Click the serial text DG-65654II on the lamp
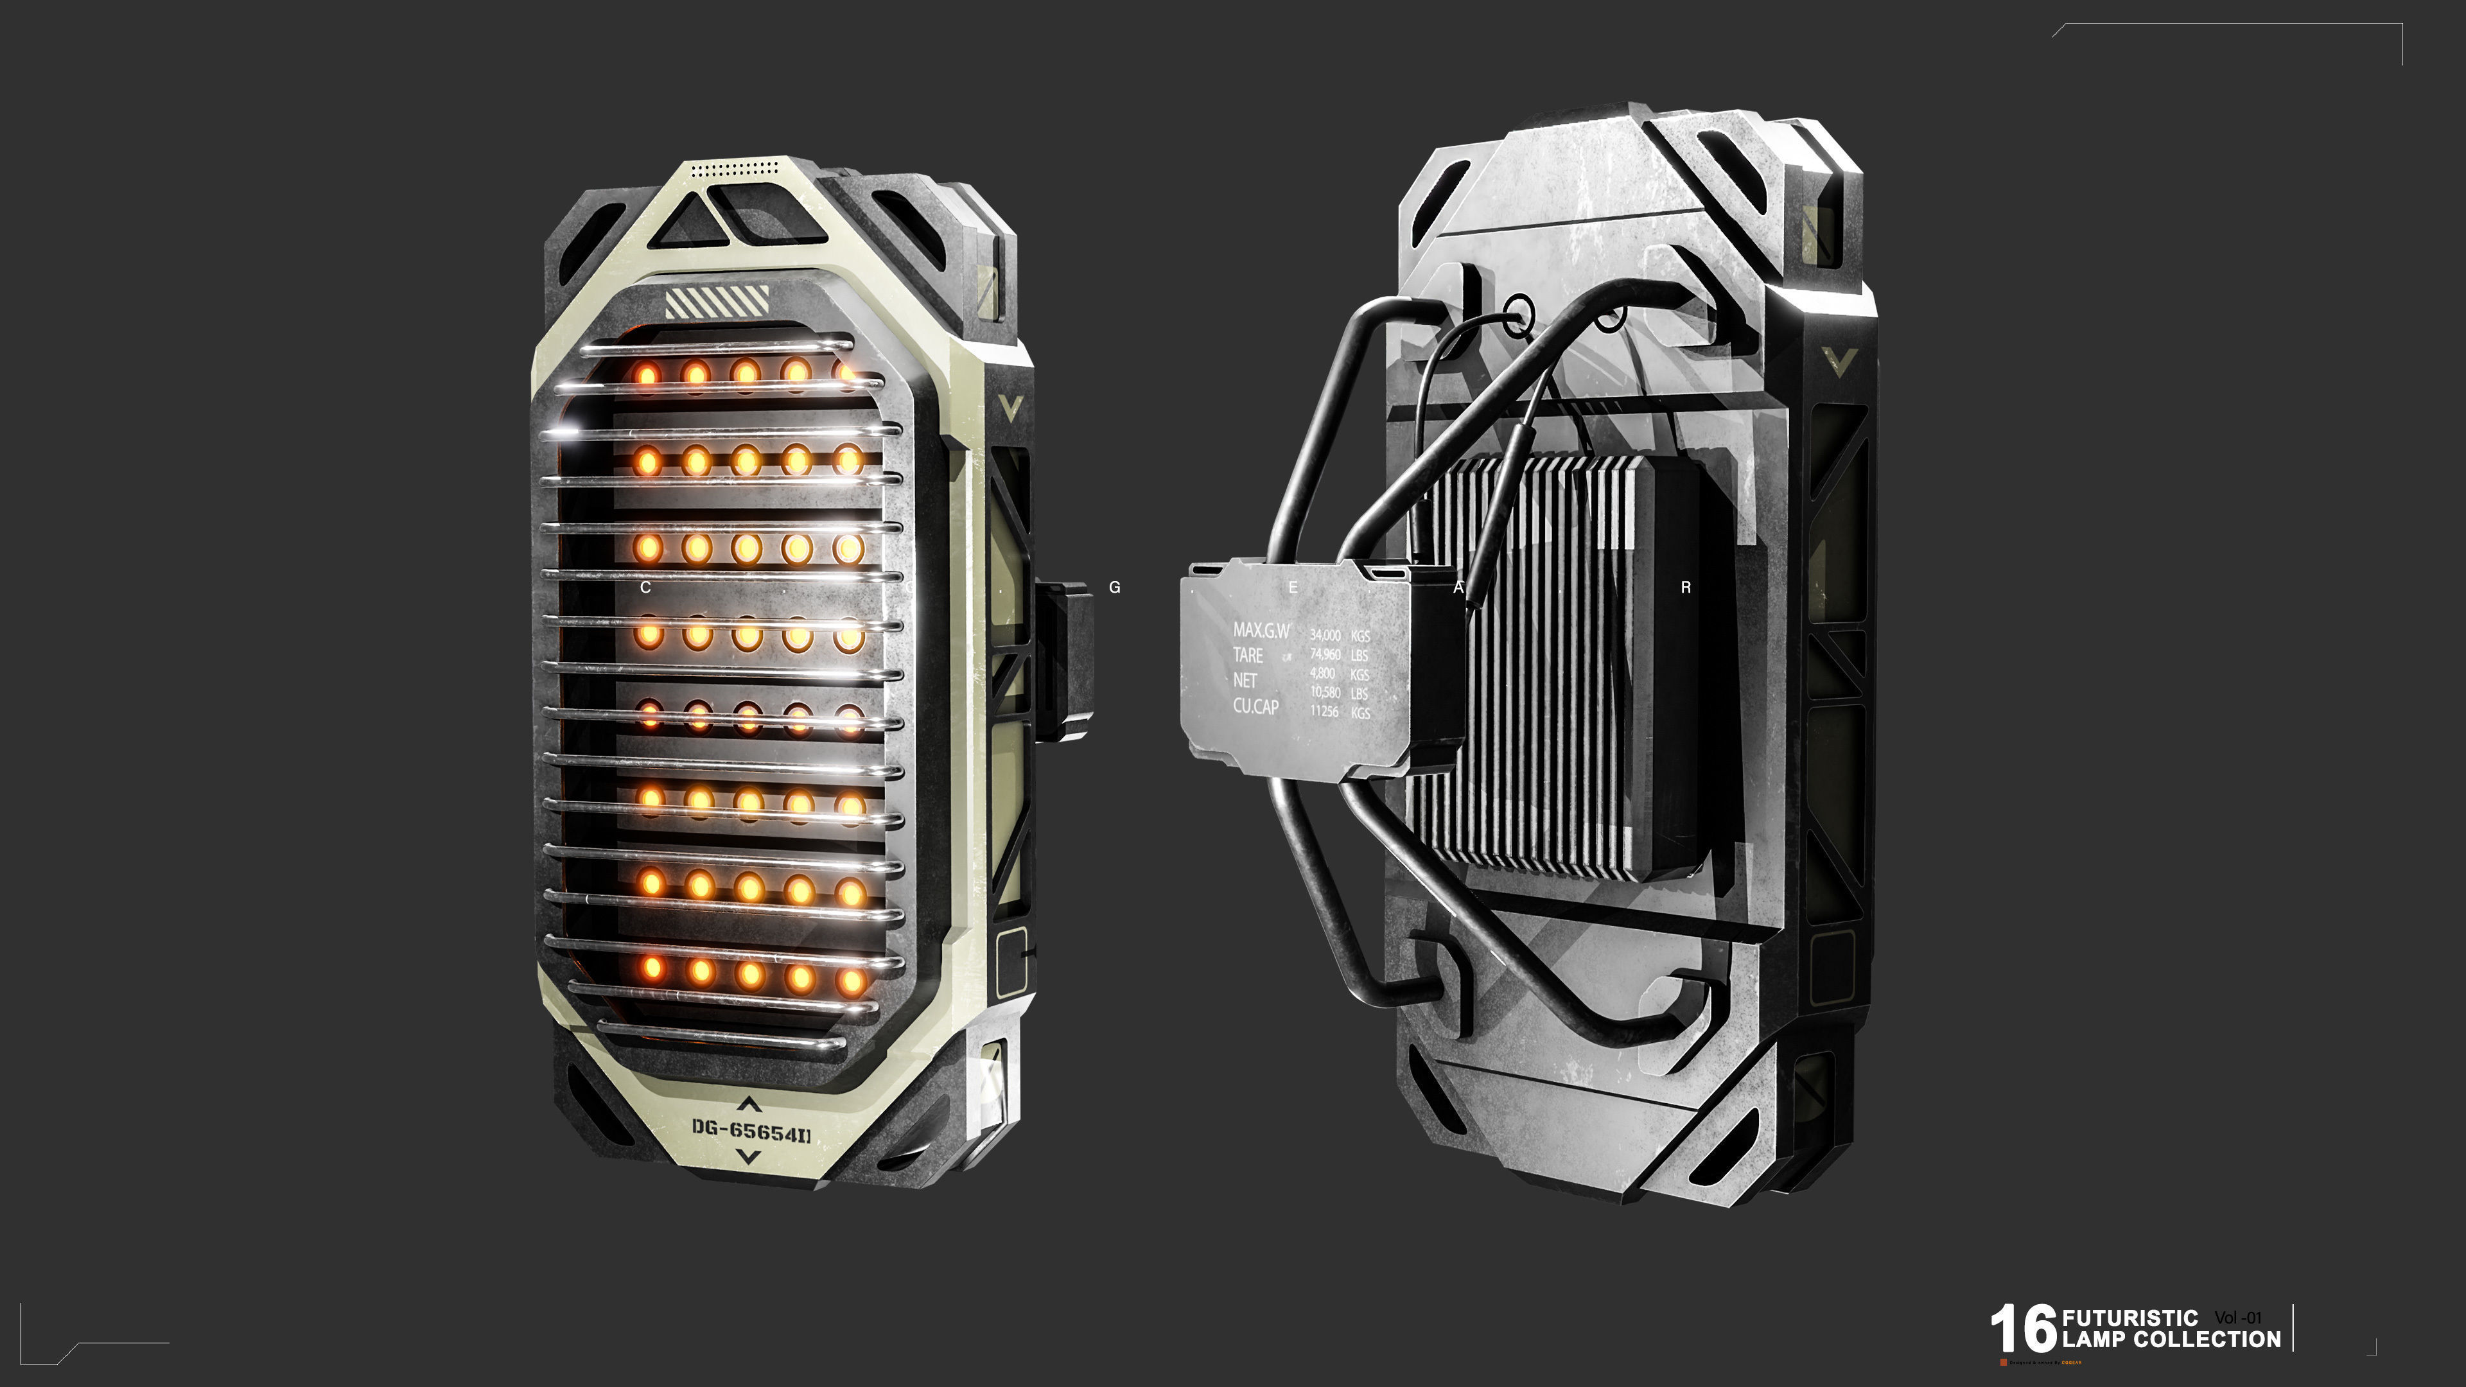coord(751,1131)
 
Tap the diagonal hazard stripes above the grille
coord(717,302)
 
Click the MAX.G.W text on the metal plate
coord(1261,630)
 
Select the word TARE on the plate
coord(1247,656)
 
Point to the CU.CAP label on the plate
coord(1255,706)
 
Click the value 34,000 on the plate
coord(1325,634)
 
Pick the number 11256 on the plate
coord(1324,711)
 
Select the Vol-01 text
coord(2237,1318)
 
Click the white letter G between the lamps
coord(1114,588)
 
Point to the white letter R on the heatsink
coord(1686,588)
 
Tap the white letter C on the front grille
coord(645,588)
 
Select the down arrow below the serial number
coord(749,1157)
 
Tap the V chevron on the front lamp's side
coord(1011,408)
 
